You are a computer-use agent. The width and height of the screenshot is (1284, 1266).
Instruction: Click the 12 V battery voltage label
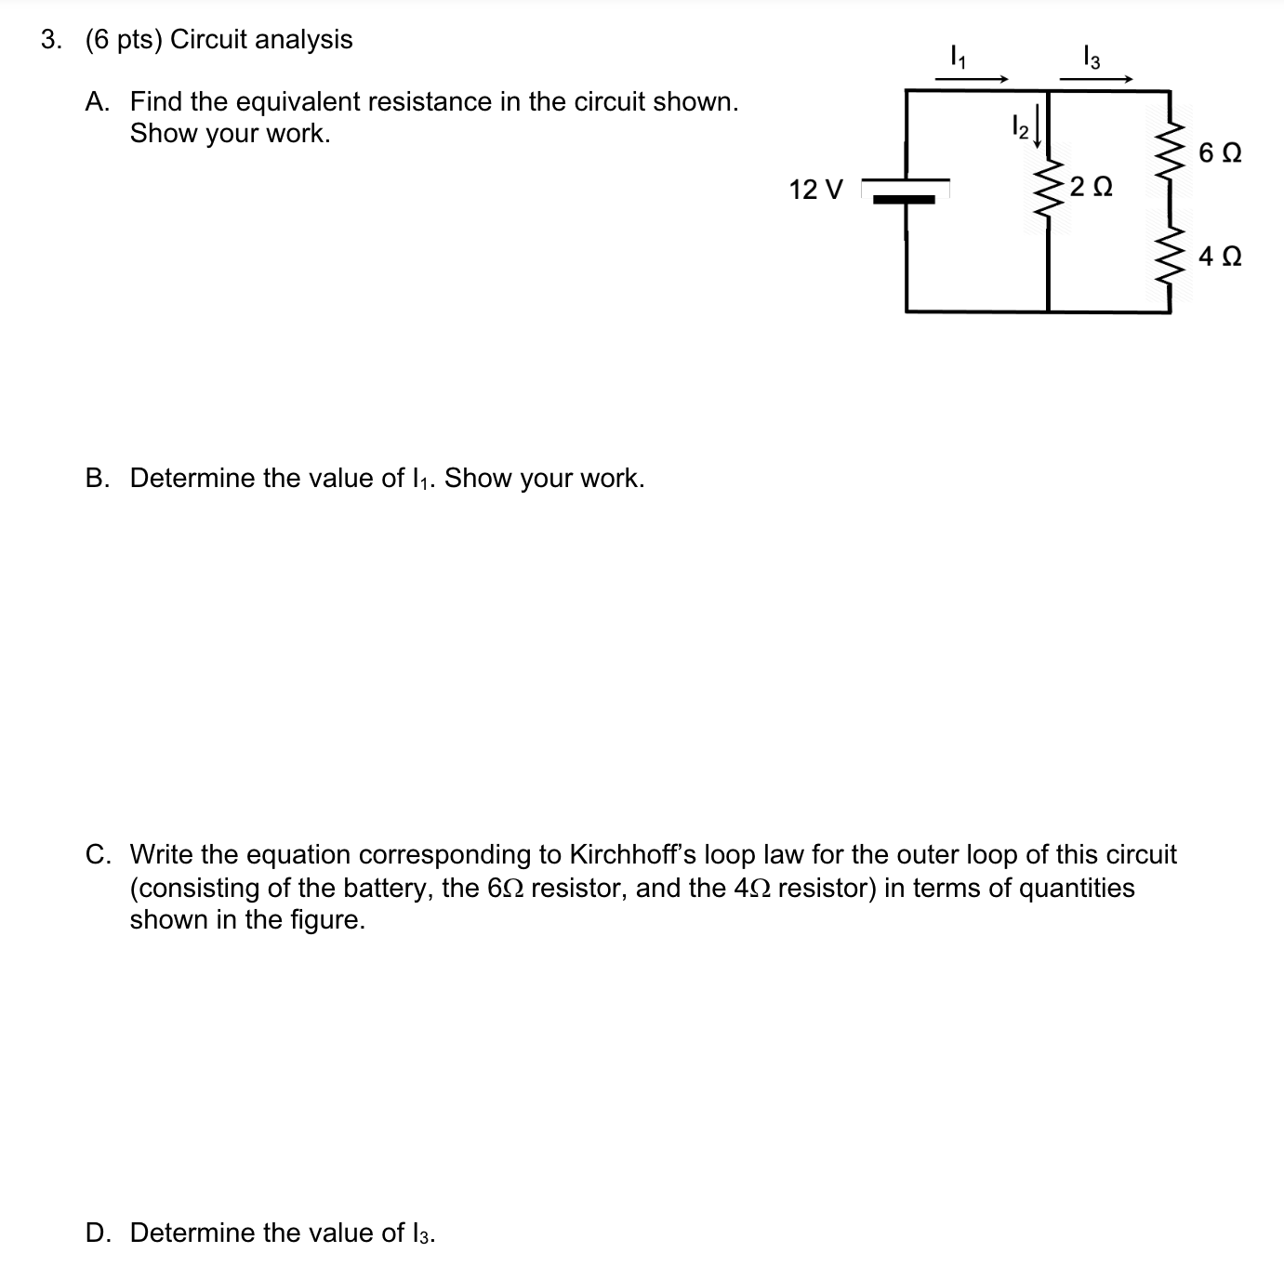[x=815, y=190]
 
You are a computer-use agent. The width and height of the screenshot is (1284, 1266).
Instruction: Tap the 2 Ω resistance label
[x=1091, y=187]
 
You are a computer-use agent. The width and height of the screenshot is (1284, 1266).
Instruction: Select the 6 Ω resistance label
[x=1220, y=152]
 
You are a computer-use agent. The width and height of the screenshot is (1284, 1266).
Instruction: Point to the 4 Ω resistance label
[x=1220, y=256]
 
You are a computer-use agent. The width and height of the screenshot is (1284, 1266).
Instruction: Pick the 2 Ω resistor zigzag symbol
[x=1049, y=189]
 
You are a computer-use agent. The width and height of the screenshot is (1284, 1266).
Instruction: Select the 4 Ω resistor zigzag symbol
[x=1171, y=257]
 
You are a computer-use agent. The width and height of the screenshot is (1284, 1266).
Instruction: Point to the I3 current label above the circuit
[x=1092, y=59]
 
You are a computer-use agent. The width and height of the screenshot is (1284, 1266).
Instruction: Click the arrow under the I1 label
[x=972, y=80]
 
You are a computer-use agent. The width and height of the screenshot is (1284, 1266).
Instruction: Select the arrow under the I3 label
[x=1096, y=80]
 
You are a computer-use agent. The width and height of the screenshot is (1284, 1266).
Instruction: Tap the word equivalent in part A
[x=291, y=101]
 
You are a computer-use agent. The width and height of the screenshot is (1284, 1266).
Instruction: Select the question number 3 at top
[x=50, y=39]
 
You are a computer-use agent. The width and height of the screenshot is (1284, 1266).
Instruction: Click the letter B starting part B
[x=95, y=478]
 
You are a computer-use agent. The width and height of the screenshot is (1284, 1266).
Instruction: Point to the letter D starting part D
[x=95, y=1233]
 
